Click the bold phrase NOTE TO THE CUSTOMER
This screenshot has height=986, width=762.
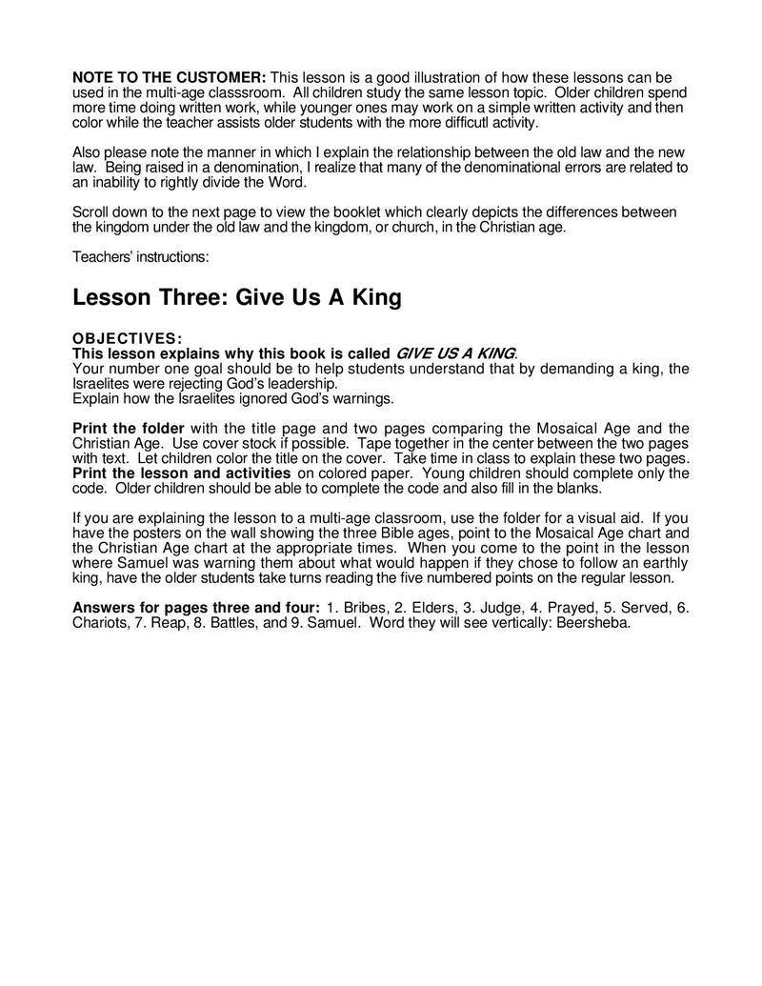click(170, 75)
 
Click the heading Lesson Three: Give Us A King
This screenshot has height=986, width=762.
click(237, 297)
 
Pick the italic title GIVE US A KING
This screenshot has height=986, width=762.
click(455, 352)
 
